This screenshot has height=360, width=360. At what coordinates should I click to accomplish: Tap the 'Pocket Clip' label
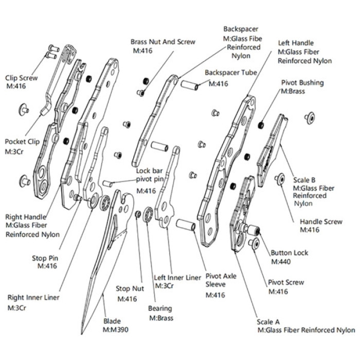tap(22, 141)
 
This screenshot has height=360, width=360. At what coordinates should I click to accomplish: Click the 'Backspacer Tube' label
tap(231, 74)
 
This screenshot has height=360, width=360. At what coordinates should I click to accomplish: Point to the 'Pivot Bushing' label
tap(302, 82)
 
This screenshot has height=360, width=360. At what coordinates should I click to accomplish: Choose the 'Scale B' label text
tap(304, 180)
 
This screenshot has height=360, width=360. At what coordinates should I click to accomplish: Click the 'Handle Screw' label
tap(321, 222)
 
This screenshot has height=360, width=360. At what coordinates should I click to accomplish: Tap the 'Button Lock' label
tap(290, 253)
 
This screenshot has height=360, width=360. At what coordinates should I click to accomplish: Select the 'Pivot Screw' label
tap(286, 282)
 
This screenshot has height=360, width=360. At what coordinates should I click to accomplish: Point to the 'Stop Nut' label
tap(130, 289)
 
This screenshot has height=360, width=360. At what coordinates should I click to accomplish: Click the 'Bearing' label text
tap(161, 309)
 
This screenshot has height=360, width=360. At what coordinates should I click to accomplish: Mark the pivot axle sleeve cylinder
tap(185, 225)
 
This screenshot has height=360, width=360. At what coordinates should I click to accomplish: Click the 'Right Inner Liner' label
tap(33, 297)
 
